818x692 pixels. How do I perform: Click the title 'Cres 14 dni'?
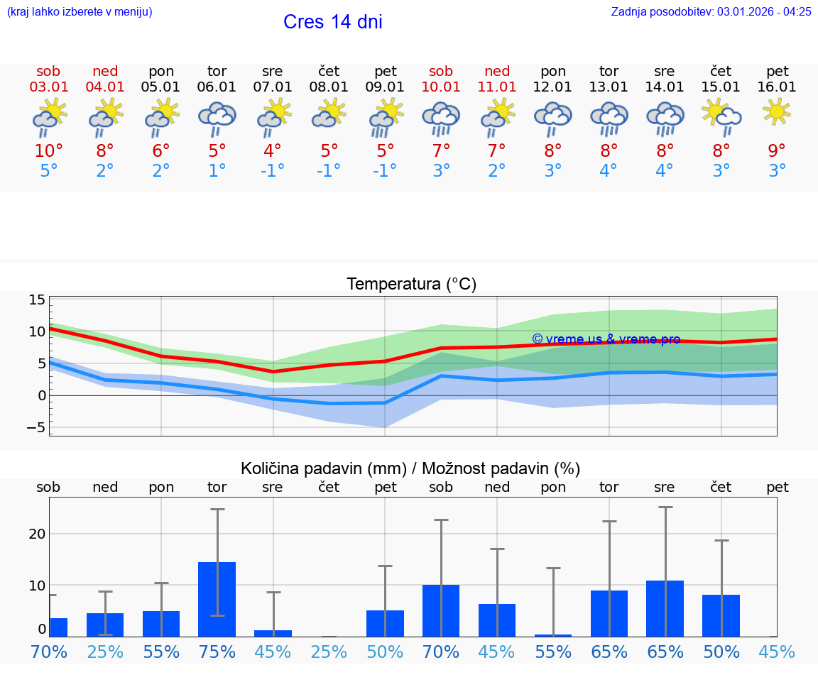point(332,22)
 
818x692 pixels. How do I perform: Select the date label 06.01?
point(217,87)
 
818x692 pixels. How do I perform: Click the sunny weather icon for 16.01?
point(777,112)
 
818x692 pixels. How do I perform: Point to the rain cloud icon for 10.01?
point(441,118)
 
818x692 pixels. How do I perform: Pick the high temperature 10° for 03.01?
point(49,151)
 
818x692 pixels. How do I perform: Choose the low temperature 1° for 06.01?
point(217,171)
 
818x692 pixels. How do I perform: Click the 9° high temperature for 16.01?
point(777,151)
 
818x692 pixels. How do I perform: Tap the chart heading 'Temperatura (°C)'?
point(411,285)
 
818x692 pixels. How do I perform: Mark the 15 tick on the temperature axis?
point(38,300)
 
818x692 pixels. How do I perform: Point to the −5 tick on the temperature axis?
point(36,427)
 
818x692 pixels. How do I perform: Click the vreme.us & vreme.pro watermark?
point(606,339)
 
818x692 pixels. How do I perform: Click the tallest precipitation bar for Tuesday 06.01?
point(217,599)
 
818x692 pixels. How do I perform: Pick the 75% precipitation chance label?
point(217,652)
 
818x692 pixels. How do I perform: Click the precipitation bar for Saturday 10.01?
point(441,610)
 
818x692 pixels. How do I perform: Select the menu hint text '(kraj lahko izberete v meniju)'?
point(79,11)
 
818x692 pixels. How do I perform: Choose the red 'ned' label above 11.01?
point(497,72)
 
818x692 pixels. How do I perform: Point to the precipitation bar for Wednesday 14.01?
point(665,608)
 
